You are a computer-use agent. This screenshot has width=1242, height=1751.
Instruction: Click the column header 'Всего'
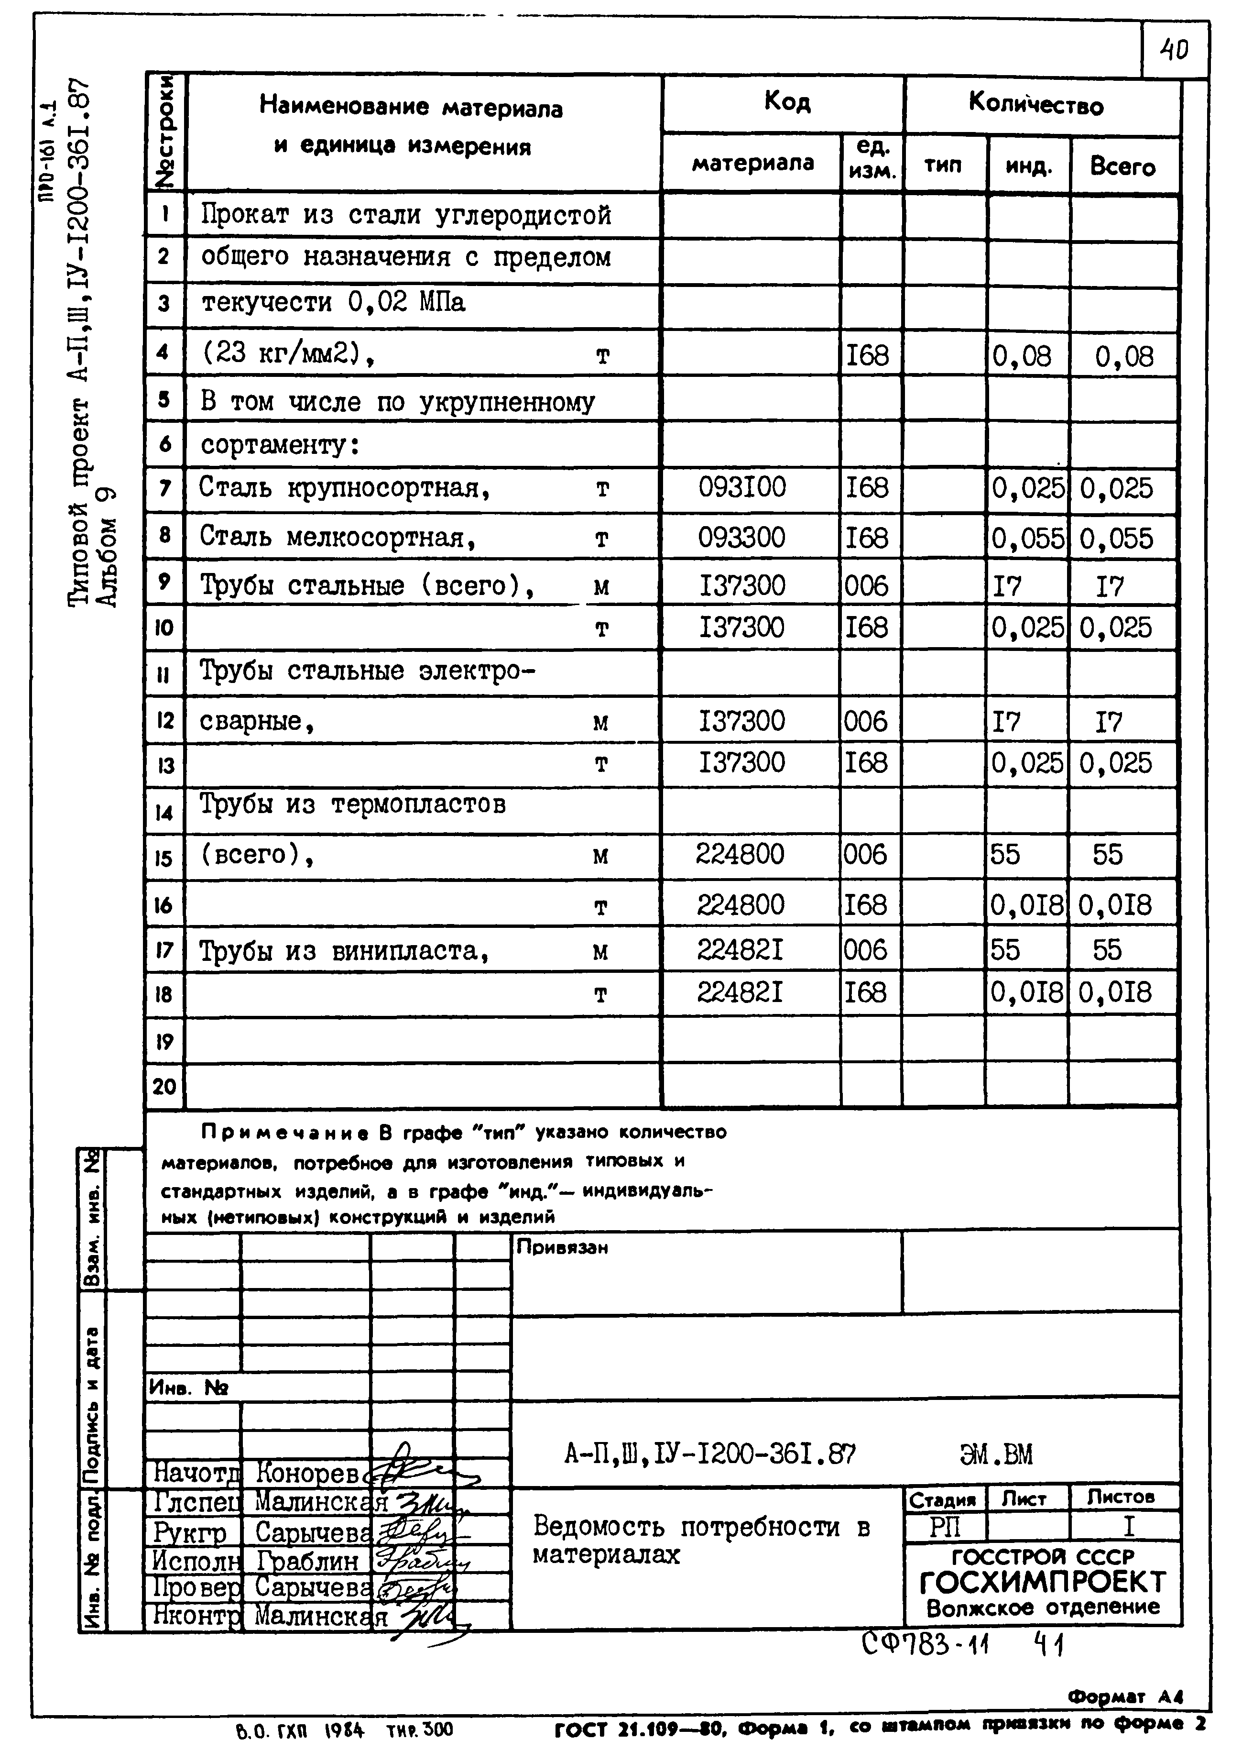point(1122,166)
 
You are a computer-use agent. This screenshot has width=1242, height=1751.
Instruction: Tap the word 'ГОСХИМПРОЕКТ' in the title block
point(1042,1581)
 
